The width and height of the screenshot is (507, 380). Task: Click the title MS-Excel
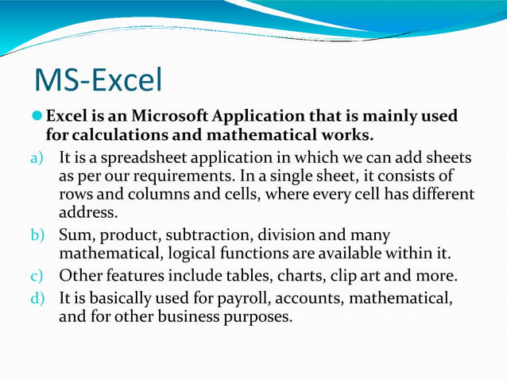point(99,80)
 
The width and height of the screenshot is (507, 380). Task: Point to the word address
point(87,212)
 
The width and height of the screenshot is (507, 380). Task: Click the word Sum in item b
point(74,235)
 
